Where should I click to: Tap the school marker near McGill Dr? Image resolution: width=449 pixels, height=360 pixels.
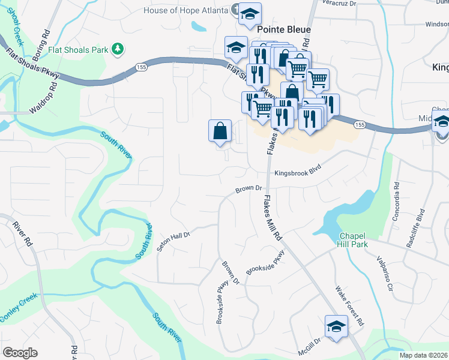coord(336,326)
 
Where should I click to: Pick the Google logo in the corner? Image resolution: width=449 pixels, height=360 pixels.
coord(20,353)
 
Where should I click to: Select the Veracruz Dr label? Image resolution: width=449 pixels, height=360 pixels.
coord(339,4)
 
